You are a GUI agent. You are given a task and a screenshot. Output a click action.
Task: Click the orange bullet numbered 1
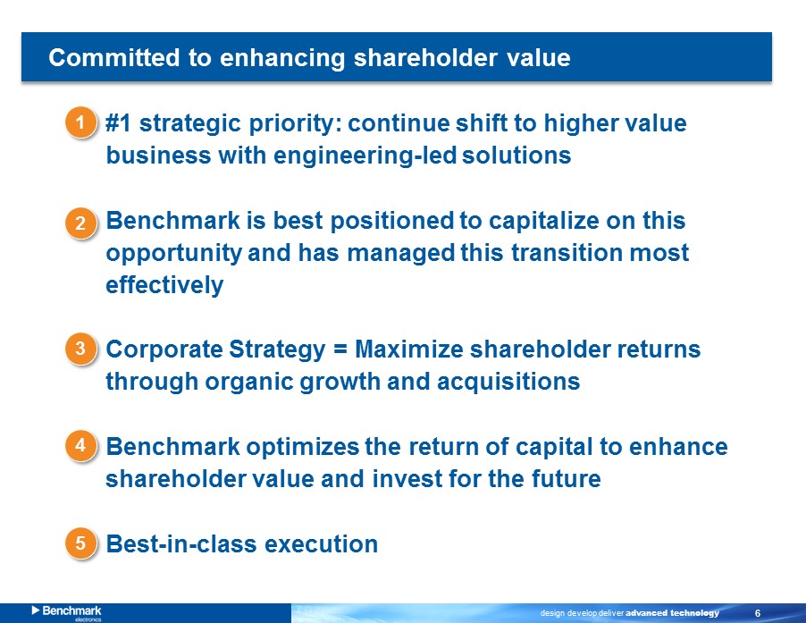tap(80, 122)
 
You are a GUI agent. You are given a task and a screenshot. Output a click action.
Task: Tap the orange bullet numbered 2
tap(80, 223)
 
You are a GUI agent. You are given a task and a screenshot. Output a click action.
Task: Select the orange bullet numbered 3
tap(80, 349)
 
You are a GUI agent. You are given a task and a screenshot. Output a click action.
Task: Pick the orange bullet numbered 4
tap(80, 445)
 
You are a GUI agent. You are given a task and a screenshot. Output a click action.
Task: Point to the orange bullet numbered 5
tap(80, 543)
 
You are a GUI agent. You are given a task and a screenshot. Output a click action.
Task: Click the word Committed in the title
tap(113, 57)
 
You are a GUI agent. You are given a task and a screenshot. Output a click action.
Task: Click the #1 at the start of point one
tap(118, 123)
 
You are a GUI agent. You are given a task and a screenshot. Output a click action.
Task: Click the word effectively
tap(164, 286)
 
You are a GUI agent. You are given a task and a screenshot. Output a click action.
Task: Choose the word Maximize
tap(409, 349)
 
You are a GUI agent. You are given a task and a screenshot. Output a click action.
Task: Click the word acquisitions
tap(508, 383)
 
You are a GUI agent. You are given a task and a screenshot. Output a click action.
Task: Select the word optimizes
tap(303, 447)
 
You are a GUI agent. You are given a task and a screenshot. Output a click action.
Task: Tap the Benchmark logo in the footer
tap(67, 612)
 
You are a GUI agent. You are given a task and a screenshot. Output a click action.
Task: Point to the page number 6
tap(758, 613)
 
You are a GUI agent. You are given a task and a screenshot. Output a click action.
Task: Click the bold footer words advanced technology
tap(672, 613)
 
